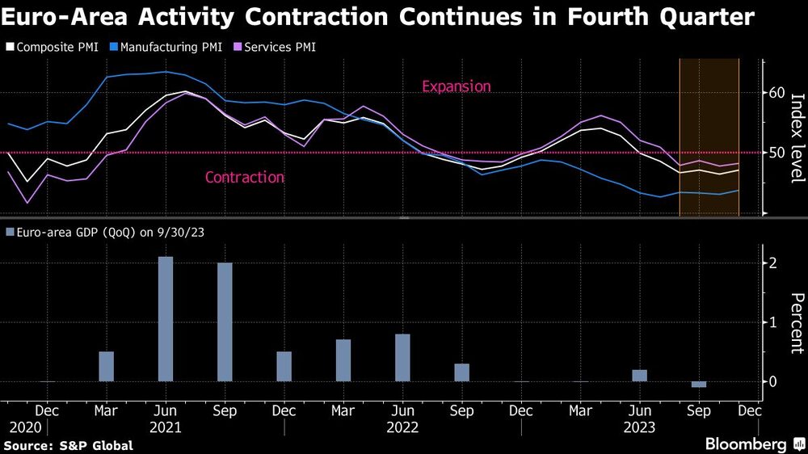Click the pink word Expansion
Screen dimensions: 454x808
pos(456,86)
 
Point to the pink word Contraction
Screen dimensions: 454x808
pos(244,177)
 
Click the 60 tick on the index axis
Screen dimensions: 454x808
pos(776,93)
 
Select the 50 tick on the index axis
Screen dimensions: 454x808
pos(776,153)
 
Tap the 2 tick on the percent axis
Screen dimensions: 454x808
pos(773,263)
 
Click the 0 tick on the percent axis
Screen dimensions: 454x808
pos(773,381)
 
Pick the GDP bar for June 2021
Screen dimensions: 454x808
pos(166,319)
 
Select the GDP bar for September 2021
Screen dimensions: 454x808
pos(225,322)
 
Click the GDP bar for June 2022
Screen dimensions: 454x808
pos(402,357)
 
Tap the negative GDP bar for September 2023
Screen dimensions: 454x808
pos(699,385)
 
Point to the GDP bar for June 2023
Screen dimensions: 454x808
pos(639,376)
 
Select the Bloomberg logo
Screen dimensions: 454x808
pos(746,444)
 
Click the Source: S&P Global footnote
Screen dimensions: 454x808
pos(69,445)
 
